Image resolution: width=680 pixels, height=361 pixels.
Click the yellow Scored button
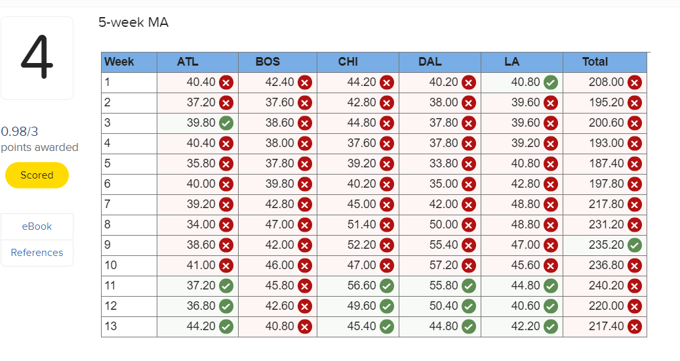[37, 175]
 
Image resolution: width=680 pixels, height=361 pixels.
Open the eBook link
[37, 226]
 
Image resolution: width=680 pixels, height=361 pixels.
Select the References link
[37, 253]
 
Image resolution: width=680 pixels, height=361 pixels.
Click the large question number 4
[37, 58]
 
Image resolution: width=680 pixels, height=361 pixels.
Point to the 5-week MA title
[133, 23]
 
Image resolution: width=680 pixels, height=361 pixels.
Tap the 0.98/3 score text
[20, 131]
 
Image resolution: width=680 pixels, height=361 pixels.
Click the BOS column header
[268, 62]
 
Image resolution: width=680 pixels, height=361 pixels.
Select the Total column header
[595, 62]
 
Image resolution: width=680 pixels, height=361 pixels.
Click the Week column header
[119, 62]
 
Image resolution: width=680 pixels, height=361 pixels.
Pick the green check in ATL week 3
[226, 123]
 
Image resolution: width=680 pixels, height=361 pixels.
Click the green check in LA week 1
[551, 82]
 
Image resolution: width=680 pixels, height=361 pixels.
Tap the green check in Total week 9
[634, 245]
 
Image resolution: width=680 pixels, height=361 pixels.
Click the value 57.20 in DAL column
[444, 265]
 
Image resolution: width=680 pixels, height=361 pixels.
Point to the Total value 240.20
[606, 286]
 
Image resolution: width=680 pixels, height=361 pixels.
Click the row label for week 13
[111, 326]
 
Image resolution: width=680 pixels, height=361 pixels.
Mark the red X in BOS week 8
[305, 224]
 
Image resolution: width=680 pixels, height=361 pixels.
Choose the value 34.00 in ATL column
[201, 224]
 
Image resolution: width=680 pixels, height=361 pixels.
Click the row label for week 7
[108, 204]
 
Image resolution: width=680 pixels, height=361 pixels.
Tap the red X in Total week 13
[634, 326]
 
